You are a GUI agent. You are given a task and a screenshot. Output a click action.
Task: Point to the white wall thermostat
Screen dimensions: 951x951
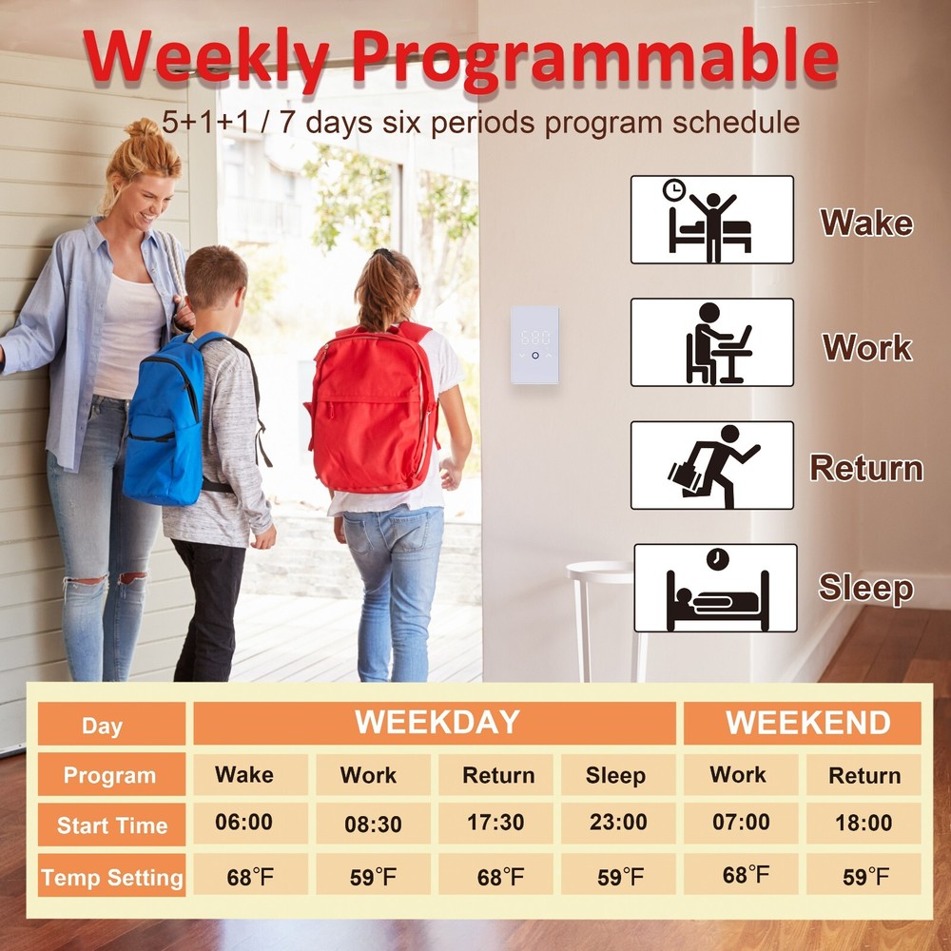534,345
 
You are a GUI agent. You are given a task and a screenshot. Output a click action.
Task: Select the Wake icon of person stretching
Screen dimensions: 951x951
712,220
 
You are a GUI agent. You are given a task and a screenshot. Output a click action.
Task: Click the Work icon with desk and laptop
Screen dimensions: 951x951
712,342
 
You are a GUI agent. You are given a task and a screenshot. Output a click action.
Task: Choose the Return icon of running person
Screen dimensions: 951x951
712,465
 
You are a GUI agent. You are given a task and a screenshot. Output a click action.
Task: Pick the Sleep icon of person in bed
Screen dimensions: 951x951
716,588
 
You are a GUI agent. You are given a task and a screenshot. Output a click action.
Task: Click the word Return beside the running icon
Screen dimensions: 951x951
866,469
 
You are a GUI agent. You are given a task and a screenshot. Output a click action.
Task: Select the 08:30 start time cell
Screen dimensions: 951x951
373,823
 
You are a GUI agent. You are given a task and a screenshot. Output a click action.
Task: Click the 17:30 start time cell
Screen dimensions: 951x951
495,823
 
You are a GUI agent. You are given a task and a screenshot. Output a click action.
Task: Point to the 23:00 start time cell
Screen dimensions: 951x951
618,823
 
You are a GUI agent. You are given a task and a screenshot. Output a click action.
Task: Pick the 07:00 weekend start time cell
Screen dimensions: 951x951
741,823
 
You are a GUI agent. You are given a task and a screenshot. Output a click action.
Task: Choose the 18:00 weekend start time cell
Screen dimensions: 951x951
864,823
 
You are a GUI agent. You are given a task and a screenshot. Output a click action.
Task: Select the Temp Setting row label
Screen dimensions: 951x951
111,876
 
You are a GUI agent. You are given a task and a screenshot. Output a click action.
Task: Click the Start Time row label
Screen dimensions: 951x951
111,825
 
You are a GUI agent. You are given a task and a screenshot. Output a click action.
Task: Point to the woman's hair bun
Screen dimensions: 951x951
142,128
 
